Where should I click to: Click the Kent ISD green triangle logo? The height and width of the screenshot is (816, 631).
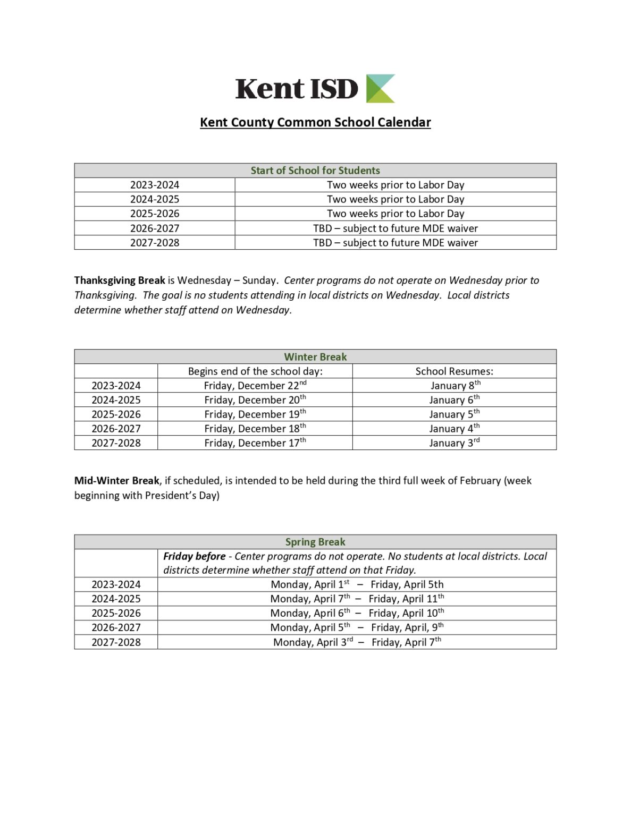[x=381, y=88]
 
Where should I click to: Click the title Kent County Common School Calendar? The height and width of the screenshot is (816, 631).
[x=315, y=122]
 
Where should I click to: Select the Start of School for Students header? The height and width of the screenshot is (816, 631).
[x=315, y=171]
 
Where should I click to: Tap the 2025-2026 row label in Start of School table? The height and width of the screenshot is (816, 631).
[x=155, y=214]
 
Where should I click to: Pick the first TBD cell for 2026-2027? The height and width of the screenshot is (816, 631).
[x=396, y=228]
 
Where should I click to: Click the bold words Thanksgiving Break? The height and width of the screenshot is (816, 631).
[x=120, y=280]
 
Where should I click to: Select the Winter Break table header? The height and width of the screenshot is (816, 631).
[x=315, y=357]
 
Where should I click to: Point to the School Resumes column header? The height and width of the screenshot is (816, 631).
[x=454, y=371]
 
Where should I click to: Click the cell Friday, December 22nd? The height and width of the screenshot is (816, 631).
[x=255, y=386]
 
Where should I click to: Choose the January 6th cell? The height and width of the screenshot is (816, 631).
[x=454, y=400]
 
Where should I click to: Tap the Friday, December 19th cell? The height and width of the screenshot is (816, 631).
[x=255, y=414]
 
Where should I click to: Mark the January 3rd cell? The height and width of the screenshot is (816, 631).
[x=454, y=443]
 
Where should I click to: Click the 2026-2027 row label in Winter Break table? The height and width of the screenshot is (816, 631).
[x=116, y=429]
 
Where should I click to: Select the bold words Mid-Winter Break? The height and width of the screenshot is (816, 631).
[x=117, y=481]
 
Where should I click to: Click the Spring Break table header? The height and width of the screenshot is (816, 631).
[x=315, y=542]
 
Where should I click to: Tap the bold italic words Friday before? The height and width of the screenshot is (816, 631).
[x=195, y=556]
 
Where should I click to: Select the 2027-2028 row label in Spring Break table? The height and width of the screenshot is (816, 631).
[x=116, y=642]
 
